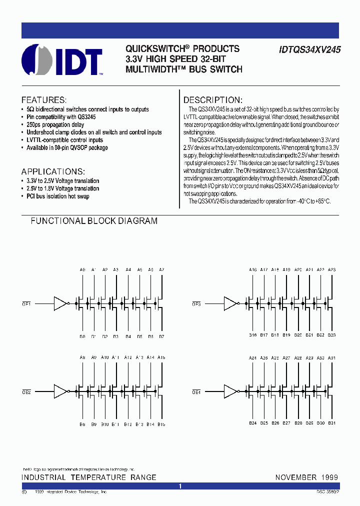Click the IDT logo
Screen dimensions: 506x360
(62, 61)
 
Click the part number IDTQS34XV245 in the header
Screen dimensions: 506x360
(307, 50)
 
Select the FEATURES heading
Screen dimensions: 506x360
(44, 99)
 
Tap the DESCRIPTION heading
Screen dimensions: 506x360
(212, 99)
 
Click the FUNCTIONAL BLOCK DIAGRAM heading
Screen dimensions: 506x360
(94, 220)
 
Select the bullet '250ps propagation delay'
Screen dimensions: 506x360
(55, 124)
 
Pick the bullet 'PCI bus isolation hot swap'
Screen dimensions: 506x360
(58, 196)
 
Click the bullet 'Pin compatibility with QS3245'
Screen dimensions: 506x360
(61, 117)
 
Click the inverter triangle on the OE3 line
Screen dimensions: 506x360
(230, 303)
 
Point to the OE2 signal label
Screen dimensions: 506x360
(26, 392)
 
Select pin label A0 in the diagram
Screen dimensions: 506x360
(83, 270)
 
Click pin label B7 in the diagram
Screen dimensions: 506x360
(161, 336)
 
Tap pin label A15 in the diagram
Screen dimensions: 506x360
(161, 358)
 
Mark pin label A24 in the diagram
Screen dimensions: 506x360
(253, 358)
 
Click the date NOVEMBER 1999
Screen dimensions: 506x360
(306, 477)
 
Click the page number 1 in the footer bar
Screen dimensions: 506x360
(180, 486)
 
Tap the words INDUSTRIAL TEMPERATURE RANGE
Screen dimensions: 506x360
(89, 477)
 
